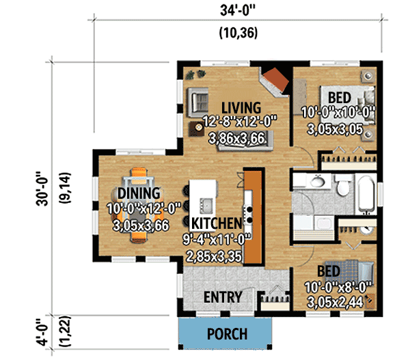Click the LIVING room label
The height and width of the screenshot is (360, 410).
[x=241, y=107]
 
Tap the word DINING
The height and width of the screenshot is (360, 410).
[x=139, y=193]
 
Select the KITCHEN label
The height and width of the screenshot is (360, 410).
[x=216, y=223]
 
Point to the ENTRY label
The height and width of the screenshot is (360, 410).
[x=223, y=297]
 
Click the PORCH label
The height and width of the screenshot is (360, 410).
[x=227, y=335]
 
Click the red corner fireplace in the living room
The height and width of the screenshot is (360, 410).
[x=277, y=81]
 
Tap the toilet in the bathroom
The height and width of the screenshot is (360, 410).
[x=342, y=184]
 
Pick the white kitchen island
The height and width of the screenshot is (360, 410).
[x=203, y=198]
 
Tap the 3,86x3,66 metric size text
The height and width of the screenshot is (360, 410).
[x=241, y=137]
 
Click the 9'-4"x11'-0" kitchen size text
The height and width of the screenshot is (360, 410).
[x=216, y=240]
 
